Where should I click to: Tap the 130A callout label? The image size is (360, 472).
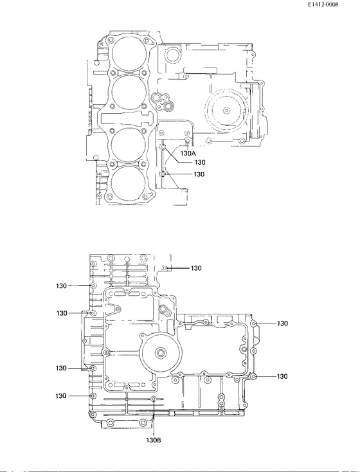pyautogui.click(x=188, y=154)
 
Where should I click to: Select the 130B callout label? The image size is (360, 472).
pyautogui.click(x=153, y=440)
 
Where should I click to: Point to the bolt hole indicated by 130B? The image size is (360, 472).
pyautogui.click(x=154, y=400)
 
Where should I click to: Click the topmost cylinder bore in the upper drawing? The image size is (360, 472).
pyautogui.click(x=127, y=52)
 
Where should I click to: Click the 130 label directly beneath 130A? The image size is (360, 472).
pyautogui.click(x=199, y=163)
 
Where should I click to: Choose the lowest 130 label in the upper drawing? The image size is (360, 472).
pyautogui.click(x=199, y=174)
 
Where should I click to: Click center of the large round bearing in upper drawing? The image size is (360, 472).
pyautogui.click(x=226, y=110)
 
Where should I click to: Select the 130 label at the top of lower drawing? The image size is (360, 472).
pyautogui.click(x=195, y=268)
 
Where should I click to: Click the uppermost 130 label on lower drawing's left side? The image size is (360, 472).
pyautogui.click(x=61, y=286)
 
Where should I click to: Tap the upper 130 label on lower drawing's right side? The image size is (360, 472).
pyautogui.click(x=282, y=323)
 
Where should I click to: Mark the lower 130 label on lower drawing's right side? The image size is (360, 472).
pyautogui.click(x=282, y=376)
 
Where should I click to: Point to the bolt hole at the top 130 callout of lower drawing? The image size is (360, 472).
pyautogui.click(x=165, y=268)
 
